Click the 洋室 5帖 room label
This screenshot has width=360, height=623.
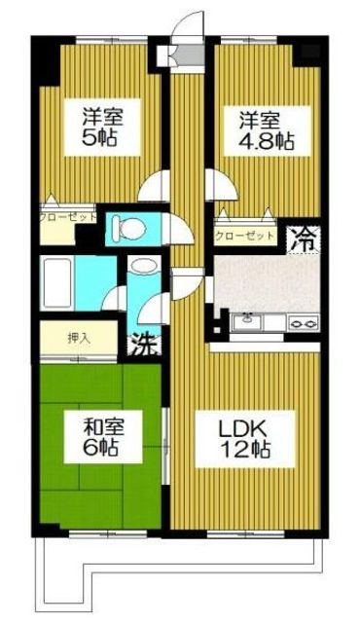102,127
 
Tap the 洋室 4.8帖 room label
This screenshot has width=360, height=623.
267,130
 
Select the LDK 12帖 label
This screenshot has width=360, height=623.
245,439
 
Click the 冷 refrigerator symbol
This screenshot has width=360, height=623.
304,240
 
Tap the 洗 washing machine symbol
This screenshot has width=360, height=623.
143,344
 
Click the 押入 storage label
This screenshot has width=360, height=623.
79,339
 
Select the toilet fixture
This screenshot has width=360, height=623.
127,229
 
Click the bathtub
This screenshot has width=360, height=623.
56,283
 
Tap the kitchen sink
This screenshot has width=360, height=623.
247,322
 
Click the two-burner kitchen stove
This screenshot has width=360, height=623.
304,322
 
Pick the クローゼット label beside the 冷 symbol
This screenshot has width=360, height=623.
244,236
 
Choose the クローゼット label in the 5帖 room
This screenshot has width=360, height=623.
67,217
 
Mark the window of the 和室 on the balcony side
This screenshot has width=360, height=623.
108,533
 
